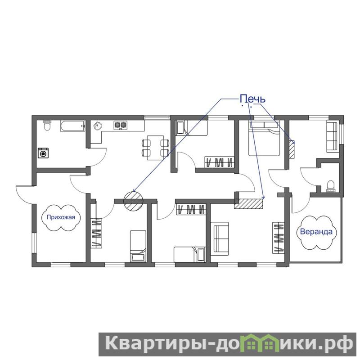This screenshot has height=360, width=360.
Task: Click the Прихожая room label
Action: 61,217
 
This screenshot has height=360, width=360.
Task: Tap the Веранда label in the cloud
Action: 316,232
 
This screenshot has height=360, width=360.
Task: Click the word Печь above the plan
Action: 252,99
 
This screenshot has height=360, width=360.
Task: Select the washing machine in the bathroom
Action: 43,153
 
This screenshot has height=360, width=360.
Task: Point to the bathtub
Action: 73,126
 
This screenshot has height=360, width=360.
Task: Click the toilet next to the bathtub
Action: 47,125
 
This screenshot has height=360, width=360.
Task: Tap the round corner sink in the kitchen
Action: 98,126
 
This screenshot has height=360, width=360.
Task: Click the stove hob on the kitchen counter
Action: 120,126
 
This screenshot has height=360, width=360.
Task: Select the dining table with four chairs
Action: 156,148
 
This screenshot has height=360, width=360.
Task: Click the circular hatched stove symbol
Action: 133,201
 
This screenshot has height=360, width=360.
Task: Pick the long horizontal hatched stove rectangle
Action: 248,204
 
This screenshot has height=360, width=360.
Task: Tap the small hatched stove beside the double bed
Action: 292,149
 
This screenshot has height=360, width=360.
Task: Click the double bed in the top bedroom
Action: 264,139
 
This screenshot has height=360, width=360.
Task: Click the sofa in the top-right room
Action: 332,137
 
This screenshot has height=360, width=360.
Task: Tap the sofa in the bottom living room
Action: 220,238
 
